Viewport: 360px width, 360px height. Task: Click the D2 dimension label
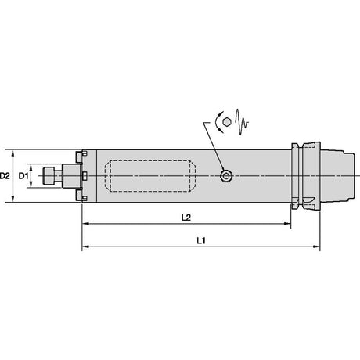[5, 176]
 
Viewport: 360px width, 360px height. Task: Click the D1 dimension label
[23, 176]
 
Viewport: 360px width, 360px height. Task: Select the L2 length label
[186, 218]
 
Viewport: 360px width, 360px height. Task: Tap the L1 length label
[201, 240]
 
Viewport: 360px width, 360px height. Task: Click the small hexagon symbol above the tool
[227, 122]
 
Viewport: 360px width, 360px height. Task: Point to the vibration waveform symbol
[242, 122]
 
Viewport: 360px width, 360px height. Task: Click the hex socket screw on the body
[226, 176]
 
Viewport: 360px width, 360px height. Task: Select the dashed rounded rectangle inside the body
[150, 176]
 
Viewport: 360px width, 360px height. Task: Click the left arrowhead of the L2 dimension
[85, 224]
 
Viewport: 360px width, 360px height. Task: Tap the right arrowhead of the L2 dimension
[287, 224]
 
